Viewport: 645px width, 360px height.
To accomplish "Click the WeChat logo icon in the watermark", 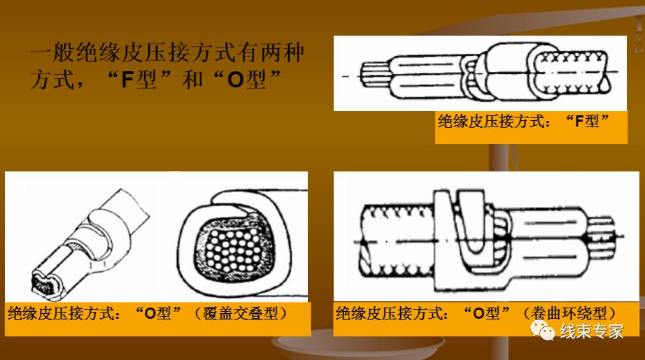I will point(542,330).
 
